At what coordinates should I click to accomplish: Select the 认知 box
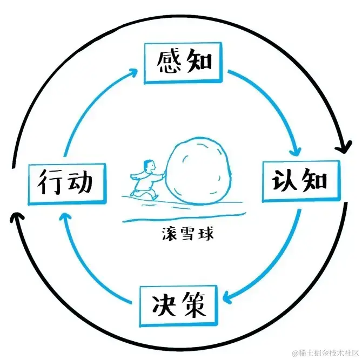click(x=299, y=180)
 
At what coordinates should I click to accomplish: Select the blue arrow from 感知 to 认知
click(x=276, y=103)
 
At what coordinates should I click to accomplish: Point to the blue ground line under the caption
click(x=178, y=219)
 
